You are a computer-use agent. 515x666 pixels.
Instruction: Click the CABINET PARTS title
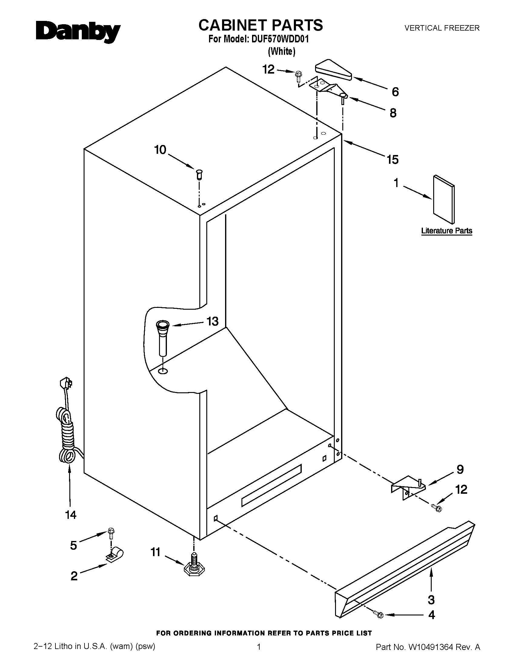261,25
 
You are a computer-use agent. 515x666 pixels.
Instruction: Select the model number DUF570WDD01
280,39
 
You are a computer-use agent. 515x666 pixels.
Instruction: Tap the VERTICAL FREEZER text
442,28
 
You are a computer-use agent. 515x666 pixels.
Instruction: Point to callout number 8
393,113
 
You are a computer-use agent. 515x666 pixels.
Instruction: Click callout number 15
393,160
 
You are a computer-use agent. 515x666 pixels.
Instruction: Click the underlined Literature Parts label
446,231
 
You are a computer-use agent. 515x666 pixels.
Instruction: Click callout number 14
71,515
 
